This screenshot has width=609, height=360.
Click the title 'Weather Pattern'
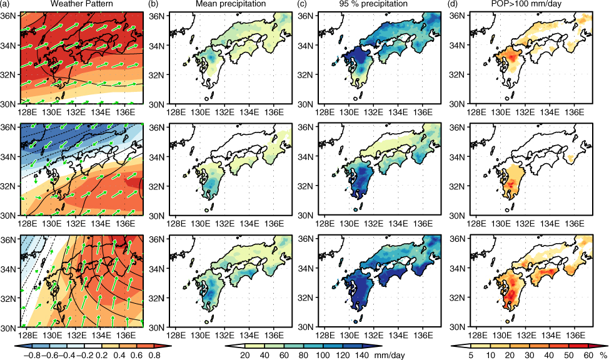pos(82,4)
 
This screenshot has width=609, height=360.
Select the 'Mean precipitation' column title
pos(231,4)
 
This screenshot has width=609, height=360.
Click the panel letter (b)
pos(154,4)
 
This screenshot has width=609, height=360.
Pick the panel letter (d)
pos(455,4)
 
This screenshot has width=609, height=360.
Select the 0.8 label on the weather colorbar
pos(154,356)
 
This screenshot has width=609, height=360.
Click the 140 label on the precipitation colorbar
pos(362,356)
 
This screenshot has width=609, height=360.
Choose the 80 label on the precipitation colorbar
pos(303,356)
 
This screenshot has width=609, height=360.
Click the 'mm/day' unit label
pos(390,356)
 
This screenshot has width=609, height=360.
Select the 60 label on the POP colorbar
pos(588,356)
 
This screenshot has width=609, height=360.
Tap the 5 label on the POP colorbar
pos(471,356)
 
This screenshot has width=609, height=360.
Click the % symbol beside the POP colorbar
pos(603,356)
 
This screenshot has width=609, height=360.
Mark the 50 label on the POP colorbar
pos(569,356)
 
